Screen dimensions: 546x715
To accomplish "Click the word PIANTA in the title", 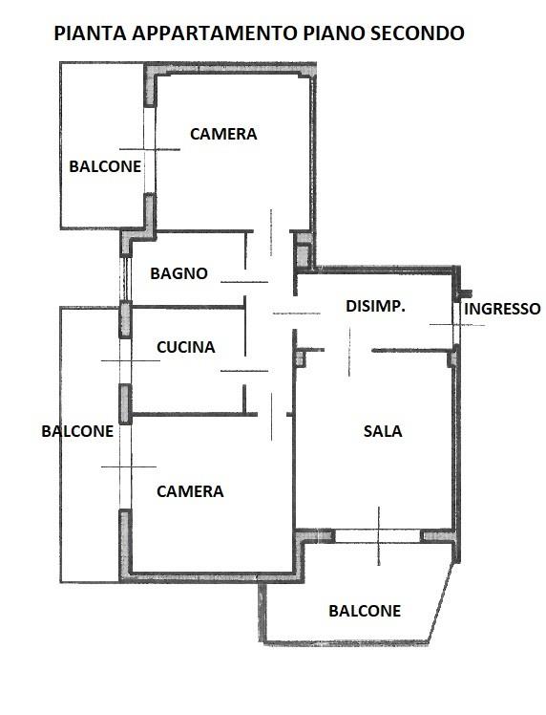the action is click(90, 33).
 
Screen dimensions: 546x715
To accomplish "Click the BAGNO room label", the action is click(178, 273).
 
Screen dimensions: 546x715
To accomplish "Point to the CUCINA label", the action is click(186, 348).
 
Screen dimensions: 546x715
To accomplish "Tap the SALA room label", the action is click(383, 431).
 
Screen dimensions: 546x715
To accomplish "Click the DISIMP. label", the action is click(375, 306).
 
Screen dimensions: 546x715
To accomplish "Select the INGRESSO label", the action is click(502, 309).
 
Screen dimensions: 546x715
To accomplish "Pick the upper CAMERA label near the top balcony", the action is click(223, 134).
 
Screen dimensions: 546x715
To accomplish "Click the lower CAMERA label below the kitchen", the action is click(190, 491).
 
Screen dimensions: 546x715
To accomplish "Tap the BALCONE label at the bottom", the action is click(365, 611).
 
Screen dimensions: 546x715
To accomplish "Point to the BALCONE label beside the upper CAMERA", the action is click(105, 166).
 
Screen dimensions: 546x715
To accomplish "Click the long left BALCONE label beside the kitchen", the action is click(77, 431).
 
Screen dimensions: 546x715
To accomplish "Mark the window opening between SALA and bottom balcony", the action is click(377, 536).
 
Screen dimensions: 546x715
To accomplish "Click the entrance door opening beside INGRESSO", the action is click(456, 324).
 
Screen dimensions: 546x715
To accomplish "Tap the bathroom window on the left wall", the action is click(125, 278).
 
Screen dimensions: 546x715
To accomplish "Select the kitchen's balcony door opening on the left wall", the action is click(125, 361).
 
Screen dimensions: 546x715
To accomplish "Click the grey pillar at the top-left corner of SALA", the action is click(300, 357).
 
